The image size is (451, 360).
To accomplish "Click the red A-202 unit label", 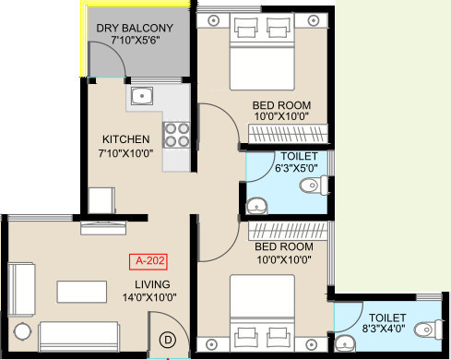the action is (x=148, y=261).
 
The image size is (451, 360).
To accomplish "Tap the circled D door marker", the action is (x=168, y=340).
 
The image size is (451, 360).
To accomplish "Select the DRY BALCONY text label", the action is (x=135, y=28).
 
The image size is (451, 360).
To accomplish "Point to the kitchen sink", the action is (x=142, y=96).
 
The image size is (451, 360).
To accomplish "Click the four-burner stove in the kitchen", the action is (x=176, y=135).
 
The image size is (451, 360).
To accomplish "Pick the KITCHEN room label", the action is (x=126, y=139).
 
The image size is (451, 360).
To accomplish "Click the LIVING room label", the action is (x=152, y=284).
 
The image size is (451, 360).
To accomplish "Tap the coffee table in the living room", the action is (x=82, y=292).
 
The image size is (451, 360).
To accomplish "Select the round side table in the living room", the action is (x=23, y=331).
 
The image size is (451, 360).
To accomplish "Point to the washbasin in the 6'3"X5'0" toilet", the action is (x=256, y=206).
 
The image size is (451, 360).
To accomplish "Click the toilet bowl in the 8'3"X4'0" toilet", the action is (x=429, y=330).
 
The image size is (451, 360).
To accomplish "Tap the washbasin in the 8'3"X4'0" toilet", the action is (x=346, y=343).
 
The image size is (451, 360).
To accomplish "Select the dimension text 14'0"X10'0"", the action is (x=149, y=297).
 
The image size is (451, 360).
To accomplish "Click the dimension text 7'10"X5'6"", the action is (x=136, y=40).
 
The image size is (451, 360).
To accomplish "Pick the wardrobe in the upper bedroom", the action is (x=288, y=134).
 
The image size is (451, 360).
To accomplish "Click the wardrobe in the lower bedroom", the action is (x=288, y=231).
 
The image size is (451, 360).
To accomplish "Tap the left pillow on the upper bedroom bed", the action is (x=246, y=29).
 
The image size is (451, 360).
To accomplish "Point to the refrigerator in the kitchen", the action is (x=101, y=200).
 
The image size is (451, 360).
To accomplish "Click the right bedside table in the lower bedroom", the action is (x=312, y=344).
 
